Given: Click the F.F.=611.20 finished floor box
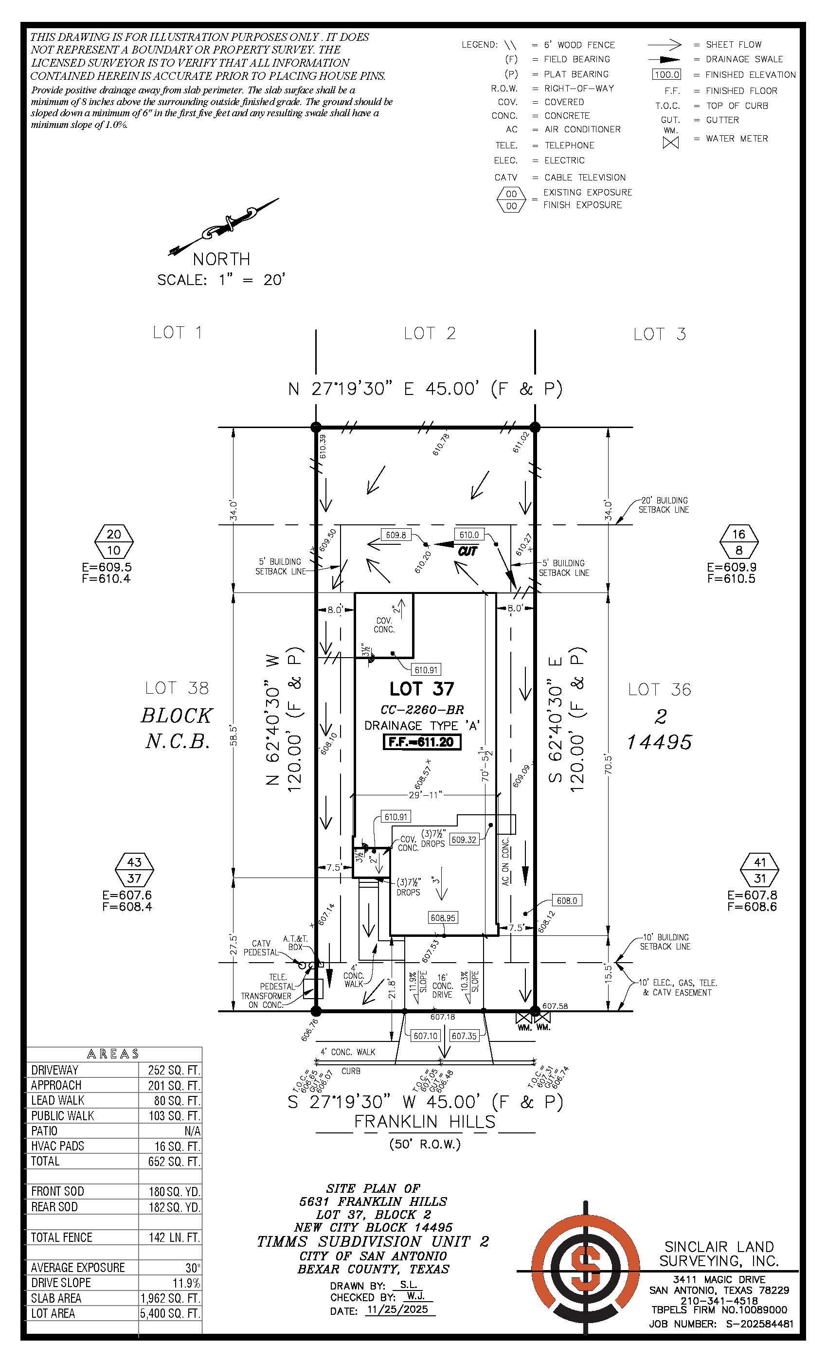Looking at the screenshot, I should point(422,742).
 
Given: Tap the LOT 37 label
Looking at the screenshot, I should point(421,689).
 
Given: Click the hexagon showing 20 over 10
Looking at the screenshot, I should point(114,542).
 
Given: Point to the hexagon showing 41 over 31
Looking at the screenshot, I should point(760,870).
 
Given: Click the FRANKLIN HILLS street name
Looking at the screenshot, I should point(424,1122).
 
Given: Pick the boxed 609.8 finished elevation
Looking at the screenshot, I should point(396,535).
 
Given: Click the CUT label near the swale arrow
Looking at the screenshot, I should point(467,551).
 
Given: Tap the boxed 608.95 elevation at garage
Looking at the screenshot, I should point(443,917).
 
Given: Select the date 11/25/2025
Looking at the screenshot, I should point(399,1310).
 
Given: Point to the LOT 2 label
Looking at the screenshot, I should point(430,333).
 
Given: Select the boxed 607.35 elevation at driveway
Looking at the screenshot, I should point(464,1036).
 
